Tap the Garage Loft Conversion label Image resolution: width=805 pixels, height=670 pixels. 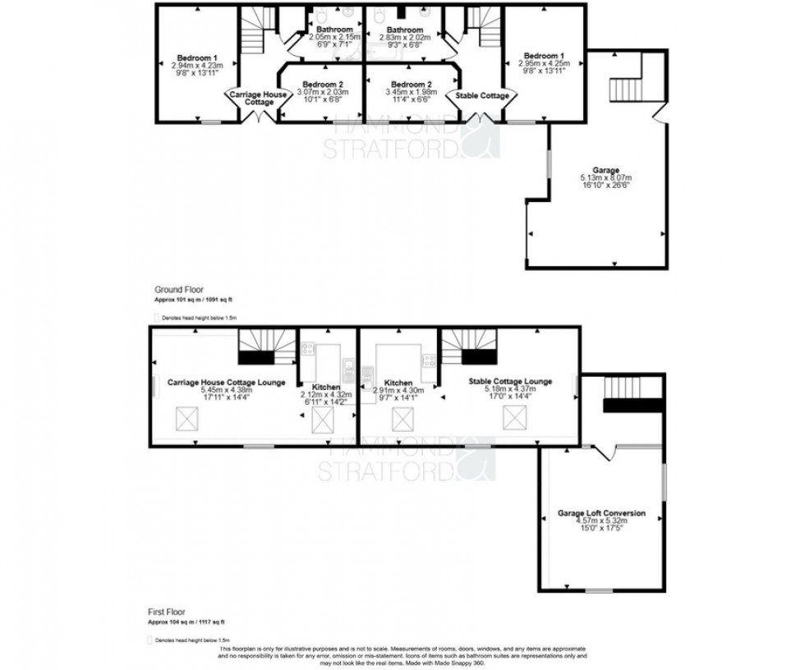pos(603,513)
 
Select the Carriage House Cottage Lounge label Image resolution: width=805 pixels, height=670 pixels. pos(226,382)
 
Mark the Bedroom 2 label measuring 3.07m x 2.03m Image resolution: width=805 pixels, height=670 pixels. pos(322,85)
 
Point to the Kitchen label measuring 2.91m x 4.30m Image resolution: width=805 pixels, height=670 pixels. pos(398,383)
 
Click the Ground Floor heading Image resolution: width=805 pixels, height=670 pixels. pos(177,290)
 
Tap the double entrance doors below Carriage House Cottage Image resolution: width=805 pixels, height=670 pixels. pos(258,116)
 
